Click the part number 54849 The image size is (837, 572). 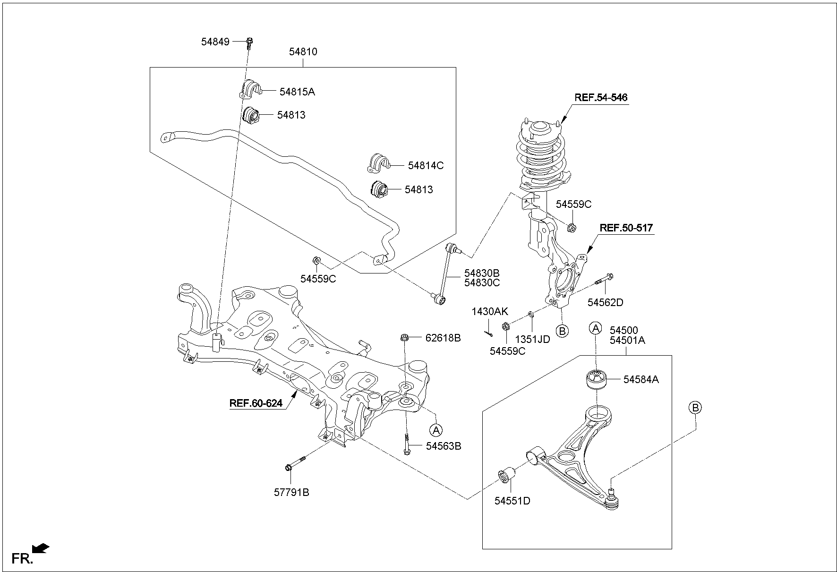tap(215, 42)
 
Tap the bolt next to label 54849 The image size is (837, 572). tap(249, 43)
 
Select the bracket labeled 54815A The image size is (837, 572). tap(249, 90)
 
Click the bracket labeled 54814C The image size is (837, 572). tap(378, 163)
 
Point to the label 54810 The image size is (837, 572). tap(303, 52)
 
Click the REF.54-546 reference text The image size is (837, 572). tap(600, 98)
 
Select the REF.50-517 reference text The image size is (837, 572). tap(626, 228)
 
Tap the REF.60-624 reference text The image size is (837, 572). tap(256, 403)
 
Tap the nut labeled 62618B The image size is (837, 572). tap(404, 338)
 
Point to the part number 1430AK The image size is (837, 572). tap(489, 311)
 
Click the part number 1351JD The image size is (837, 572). tap(532, 339)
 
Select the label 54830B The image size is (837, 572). tap(481, 273)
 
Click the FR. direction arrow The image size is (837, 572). tap(41, 548)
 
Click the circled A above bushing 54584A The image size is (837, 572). tap(596, 328)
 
